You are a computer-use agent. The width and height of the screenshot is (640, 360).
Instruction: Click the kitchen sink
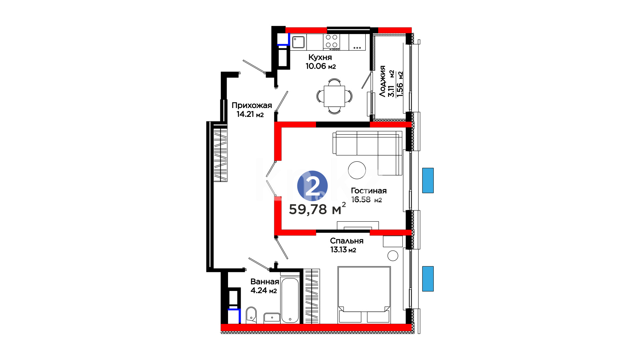click(x=299, y=42)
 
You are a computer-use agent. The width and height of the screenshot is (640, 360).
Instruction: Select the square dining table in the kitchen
click(x=334, y=96)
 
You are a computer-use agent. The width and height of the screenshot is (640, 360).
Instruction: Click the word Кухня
click(x=320, y=57)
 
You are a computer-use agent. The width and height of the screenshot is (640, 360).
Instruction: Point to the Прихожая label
click(x=252, y=105)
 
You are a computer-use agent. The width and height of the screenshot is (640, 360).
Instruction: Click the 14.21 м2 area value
click(x=250, y=114)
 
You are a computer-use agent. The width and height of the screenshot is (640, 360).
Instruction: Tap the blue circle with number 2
click(x=312, y=186)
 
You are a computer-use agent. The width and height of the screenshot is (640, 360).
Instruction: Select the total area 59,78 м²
click(x=317, y=209)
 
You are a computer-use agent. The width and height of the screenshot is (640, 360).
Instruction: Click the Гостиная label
click(x=369, y=191)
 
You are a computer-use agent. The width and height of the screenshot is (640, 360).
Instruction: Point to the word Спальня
click(x=347, y=241)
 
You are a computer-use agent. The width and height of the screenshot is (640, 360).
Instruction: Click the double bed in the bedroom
click(x=364, y=295)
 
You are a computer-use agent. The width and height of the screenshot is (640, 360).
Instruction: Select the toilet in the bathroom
click(x=251, y=315)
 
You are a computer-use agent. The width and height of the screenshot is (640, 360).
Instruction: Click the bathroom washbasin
click(x=272, y=318)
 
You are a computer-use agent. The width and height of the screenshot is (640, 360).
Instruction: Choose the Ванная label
click(x=265, y=282)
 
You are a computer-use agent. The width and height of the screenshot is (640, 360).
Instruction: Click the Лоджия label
click(x=382, y=81)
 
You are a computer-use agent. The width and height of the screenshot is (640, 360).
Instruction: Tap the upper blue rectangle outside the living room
click(x=428, y=180)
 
